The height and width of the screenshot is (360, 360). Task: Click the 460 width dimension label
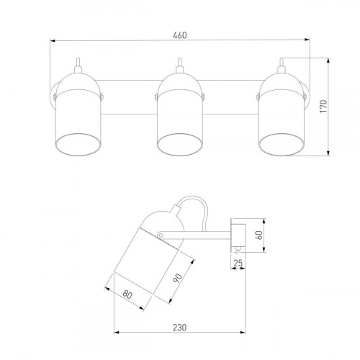pos(180,35)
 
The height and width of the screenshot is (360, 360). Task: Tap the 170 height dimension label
pos(323,107)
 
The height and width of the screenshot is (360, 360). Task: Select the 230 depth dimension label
pos(179,328)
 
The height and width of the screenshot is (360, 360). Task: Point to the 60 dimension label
pos(259,235)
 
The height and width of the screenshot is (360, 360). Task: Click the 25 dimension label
pos(238,264)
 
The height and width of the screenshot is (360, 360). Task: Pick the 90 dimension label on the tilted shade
pos(178,278)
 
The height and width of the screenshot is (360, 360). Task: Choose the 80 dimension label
pos(127,294)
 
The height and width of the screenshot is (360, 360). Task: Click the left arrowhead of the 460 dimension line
pos(53,41)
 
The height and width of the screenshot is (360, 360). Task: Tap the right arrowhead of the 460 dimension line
pos(307,40)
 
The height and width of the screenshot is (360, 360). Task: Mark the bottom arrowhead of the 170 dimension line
pos(328,153)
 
